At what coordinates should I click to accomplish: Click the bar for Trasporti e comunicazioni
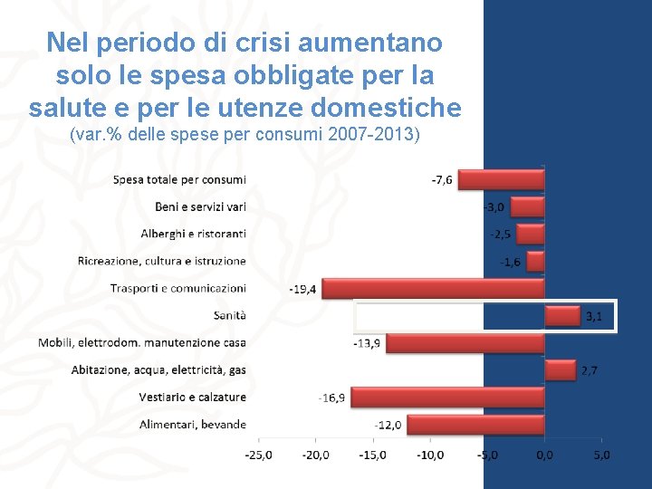tap(433, 289)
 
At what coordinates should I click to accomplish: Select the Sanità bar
tap(561, 316)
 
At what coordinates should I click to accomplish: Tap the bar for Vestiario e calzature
tap(446, 398)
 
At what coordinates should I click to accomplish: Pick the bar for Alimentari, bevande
tap(475, 425)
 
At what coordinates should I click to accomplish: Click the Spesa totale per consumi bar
tap(501, 180)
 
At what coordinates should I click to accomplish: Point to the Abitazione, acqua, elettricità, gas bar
tap(561, 370)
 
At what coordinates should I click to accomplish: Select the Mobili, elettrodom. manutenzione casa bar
tap(465, 343)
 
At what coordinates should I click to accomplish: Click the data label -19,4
tap(302, 289)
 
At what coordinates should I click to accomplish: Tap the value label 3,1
tap(594, 316)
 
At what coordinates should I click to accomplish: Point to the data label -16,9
tap(331, 398)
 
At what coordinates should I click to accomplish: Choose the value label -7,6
tap(442, 180)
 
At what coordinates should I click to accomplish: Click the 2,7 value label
tap(590, 370)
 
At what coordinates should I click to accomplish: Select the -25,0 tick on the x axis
tap(258, 455)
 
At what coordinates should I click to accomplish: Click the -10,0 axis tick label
tap(430, 455)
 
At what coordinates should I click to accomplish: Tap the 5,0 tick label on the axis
tap(601, 455)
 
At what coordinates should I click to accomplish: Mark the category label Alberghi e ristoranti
tap(193, 234)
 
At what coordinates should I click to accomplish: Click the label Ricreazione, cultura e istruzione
tap(161, 261)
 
